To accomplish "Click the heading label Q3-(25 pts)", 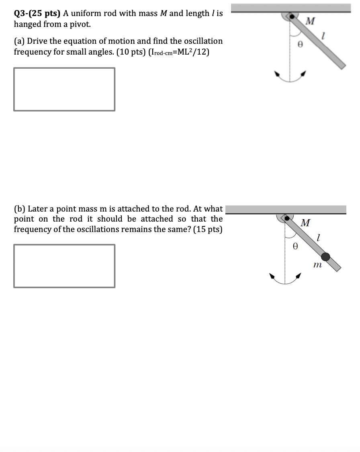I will [x=37, y=14].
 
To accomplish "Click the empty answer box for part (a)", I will [x=64, y=89].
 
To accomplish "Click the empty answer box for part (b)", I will [x=64, y=266].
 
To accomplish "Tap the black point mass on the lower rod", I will [x=326, y=257].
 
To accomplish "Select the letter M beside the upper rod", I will [x=310, y=21].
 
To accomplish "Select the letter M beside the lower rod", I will [x=305, y=223].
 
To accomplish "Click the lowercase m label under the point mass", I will [x=317, y=265].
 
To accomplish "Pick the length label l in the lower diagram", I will [x=318, y=238].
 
